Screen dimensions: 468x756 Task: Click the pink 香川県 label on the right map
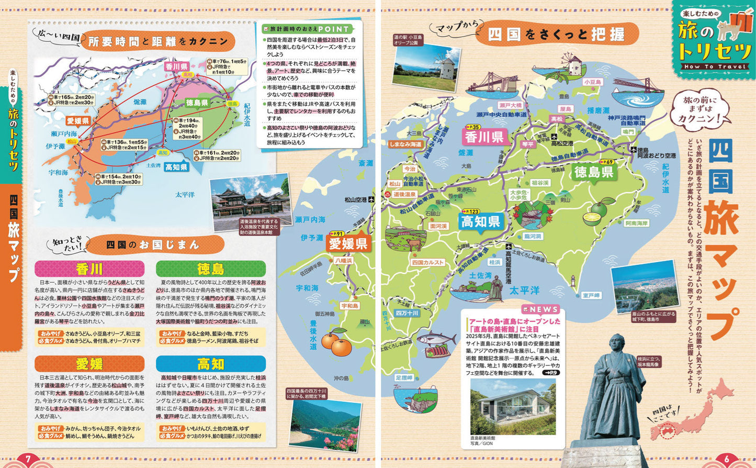tap(484, 137)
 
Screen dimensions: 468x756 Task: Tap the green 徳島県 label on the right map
tap(593, 172)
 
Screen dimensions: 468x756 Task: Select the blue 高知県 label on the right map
tap(481, 221)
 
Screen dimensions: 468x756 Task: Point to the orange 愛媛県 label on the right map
tap(348, 243)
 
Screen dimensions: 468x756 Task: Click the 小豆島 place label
tap(593, 82)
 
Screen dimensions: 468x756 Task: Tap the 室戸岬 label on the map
tap(591, 296)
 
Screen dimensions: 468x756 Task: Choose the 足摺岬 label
tap(404, 377)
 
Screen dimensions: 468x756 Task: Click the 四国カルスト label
tap(427, 262)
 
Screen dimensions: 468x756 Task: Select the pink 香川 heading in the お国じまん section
tap(89, 269)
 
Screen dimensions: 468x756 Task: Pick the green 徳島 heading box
tap(210, 269)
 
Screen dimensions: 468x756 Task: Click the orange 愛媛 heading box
tap(89, 364)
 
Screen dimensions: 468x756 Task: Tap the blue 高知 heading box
tap(210, 364)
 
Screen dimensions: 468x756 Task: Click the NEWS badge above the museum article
tap(540, 309)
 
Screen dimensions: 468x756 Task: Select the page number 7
tap(29, 460)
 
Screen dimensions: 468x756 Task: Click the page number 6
tap(726, 460)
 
